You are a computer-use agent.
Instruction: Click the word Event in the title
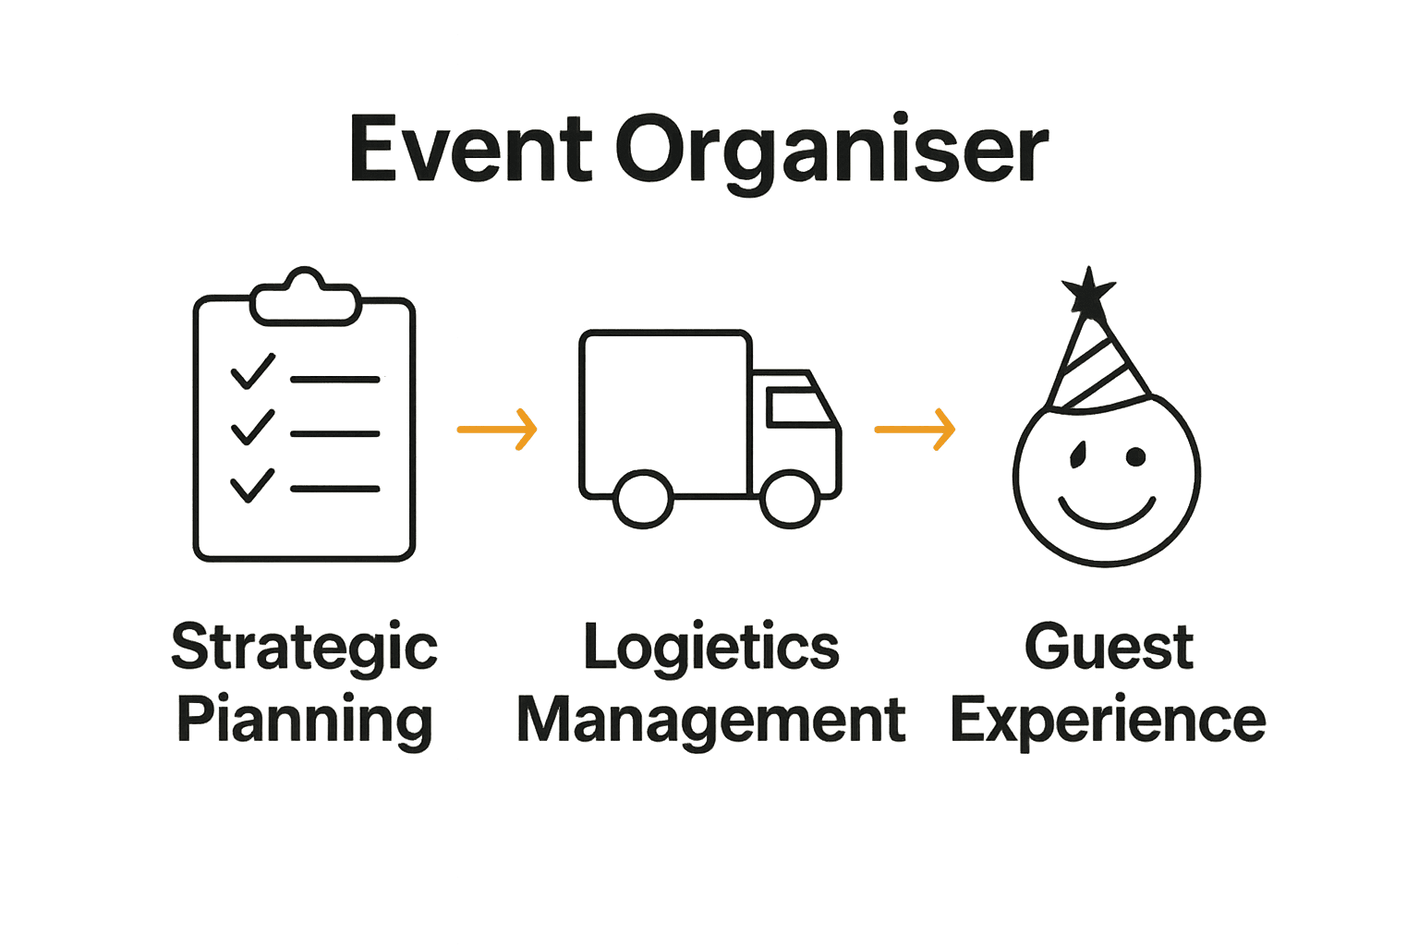[469, 150]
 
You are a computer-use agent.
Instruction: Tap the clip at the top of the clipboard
[305, 297]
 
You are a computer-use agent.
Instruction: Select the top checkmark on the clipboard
[251, 372]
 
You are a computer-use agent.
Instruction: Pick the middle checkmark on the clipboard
[251, 428]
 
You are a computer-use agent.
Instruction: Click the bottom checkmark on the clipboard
[251, 485]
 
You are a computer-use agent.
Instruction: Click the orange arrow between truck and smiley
[915, 430]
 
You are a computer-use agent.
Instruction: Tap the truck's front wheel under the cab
[790, 499]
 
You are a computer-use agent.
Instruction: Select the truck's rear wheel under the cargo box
[643, 499]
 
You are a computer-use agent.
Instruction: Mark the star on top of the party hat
[1089, 293]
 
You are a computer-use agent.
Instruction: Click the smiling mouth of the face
[1107, 512]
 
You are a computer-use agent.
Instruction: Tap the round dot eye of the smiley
[1135, 456]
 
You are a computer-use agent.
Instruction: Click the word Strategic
[304, 649]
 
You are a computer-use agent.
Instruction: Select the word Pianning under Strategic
[304, 722]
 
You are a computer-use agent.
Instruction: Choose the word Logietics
[711, 648]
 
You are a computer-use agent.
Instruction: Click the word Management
[711, 721]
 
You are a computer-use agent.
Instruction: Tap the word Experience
[1108, 722]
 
